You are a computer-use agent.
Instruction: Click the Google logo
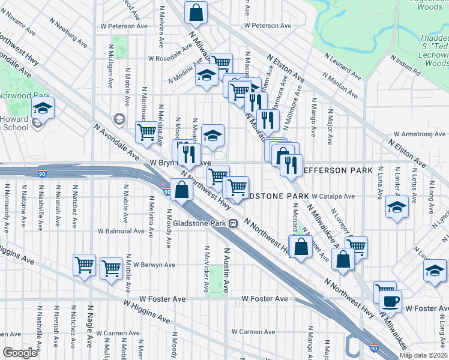[20, 353]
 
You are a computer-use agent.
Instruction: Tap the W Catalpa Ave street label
[333, 196]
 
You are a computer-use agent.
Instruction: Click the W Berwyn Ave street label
[154, 265]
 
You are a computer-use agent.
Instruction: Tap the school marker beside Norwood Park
[43, 108]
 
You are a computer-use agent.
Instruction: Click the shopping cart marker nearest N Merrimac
[146, 132]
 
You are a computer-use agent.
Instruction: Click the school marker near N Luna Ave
[397, 208]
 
